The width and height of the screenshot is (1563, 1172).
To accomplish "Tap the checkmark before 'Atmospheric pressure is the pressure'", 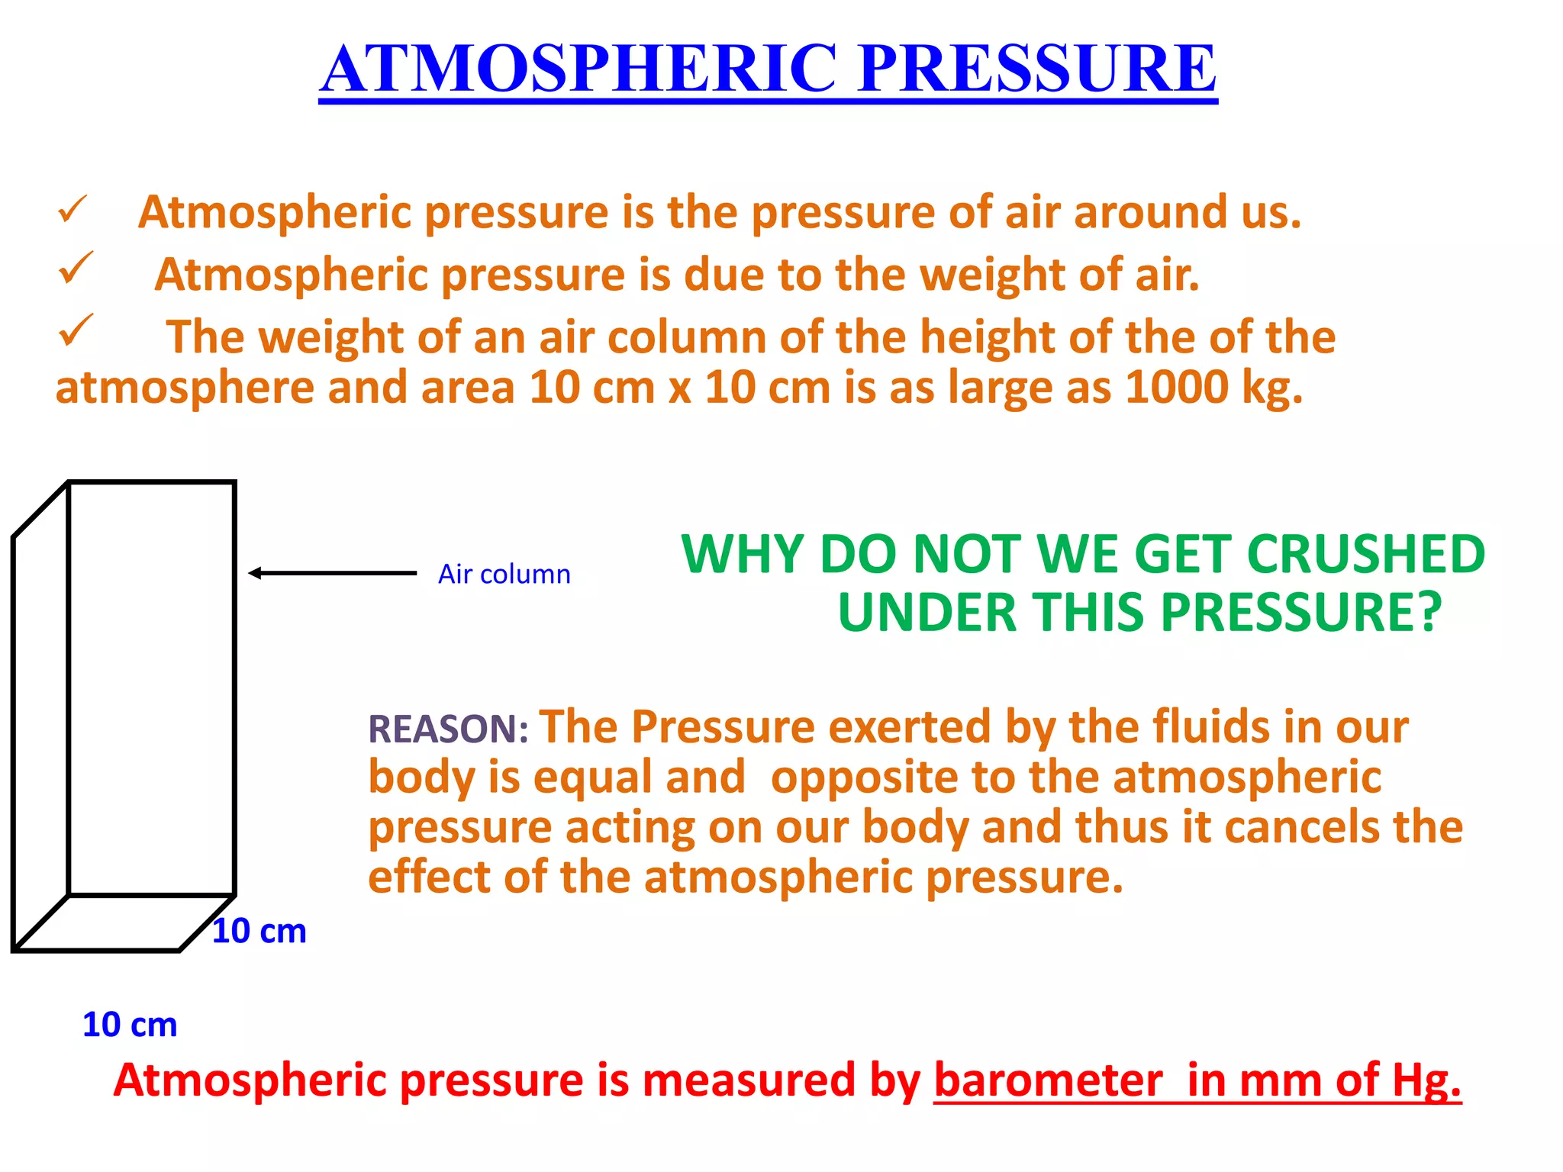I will [73, 210].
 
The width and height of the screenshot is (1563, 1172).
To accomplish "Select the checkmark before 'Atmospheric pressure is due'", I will [76, 269].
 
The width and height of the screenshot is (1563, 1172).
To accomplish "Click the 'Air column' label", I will [504, 574].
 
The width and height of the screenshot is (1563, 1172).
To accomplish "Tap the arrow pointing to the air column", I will [332, 573].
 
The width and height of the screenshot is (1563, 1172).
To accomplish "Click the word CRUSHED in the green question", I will [1365, 555].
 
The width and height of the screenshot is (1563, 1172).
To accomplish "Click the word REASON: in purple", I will [448, 729].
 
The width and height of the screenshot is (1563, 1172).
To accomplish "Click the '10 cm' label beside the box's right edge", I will [259, 932].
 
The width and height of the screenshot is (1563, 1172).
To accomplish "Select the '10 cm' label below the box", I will [130, 1025].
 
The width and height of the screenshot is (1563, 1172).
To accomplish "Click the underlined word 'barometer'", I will [1048, 1080].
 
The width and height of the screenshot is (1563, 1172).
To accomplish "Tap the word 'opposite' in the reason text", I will [864, 778].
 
